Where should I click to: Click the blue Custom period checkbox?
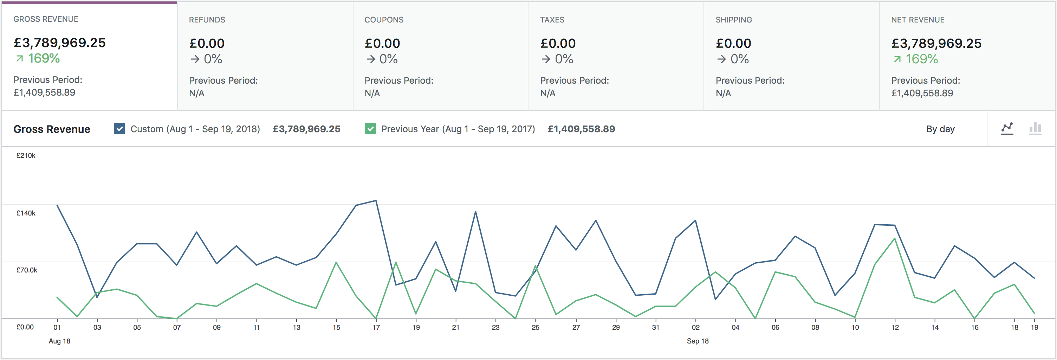click(x=119, y=129)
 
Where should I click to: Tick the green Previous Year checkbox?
click(x=370, y=129)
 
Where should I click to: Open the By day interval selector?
click(x=940, y=129)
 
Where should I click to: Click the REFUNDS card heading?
click(x=207, y=20)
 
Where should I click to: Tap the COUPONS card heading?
click(x=384, y=20)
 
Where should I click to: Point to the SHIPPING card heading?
click(x=734, y=20)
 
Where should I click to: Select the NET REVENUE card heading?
click(x=917, y=20)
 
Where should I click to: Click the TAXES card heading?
click(x=552, y=20)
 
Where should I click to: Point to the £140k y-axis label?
click(x=26, y=213)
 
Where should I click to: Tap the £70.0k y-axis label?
click(x=27, y=270)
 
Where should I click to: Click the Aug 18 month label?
click(x=59, y=341)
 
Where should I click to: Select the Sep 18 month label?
click(x=698, y=341)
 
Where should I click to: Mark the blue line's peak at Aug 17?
click(x=376, y=201)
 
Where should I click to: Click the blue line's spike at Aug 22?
click(x=475, y=212)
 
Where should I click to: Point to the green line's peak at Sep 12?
click(x=895, y=238)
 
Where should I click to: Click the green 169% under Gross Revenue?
click(x=44, y=58)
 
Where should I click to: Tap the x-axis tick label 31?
click(x=656, y=328)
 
